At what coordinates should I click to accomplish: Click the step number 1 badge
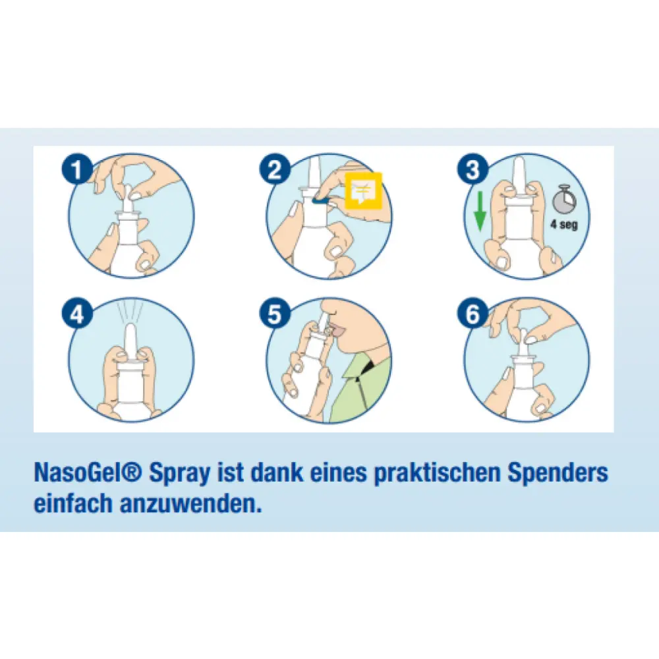(x=76, y=169)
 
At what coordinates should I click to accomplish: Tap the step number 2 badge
(x=275, y=169)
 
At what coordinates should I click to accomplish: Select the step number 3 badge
(x=473, y=169)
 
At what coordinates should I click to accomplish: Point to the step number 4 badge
(x=76, y=314)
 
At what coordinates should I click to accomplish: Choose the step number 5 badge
(x=275, y=314)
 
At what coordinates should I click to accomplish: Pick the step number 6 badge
(x=473, y=314)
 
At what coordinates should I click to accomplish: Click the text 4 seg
(x=564, y=225)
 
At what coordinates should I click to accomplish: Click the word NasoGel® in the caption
(x=88, y=473)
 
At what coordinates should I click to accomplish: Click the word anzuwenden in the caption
(x=190, y=503)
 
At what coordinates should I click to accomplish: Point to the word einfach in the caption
(x=72, y=503)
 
